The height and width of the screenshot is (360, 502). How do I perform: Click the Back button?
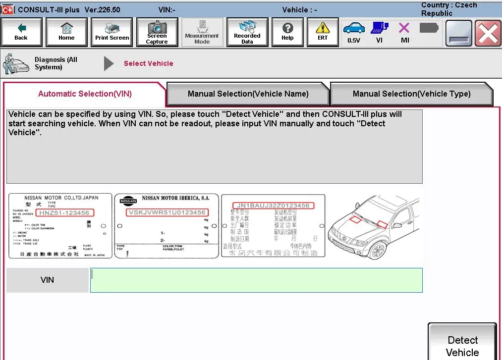point(21,32)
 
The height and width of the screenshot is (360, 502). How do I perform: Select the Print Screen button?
point(112,32)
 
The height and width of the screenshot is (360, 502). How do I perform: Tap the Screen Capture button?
point(157,32)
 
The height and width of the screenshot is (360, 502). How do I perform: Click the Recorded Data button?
point(247,32)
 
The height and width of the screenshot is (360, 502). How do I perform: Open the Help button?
point(287,32)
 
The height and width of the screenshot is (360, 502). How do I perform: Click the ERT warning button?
point(323,32)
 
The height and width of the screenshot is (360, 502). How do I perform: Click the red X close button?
point(488,33)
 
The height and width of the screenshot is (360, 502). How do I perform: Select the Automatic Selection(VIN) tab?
point(85,94)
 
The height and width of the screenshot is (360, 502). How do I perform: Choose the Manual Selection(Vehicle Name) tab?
point(248,94)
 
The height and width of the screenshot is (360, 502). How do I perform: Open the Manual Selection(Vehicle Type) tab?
point(411,94)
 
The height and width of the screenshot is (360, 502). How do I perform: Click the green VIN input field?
point(256,280)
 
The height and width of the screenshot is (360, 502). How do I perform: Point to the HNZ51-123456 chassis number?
point(64,213)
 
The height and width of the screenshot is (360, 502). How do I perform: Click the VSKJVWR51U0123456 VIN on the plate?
point(167,212)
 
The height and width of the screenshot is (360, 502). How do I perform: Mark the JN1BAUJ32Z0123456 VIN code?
point(273,206)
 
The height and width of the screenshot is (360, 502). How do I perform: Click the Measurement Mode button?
point(202,32)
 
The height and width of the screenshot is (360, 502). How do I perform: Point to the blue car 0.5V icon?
point(354,32)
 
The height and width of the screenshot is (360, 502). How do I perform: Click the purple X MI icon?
point(404,32)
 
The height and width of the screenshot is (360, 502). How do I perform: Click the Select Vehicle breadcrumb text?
point(148,63)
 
